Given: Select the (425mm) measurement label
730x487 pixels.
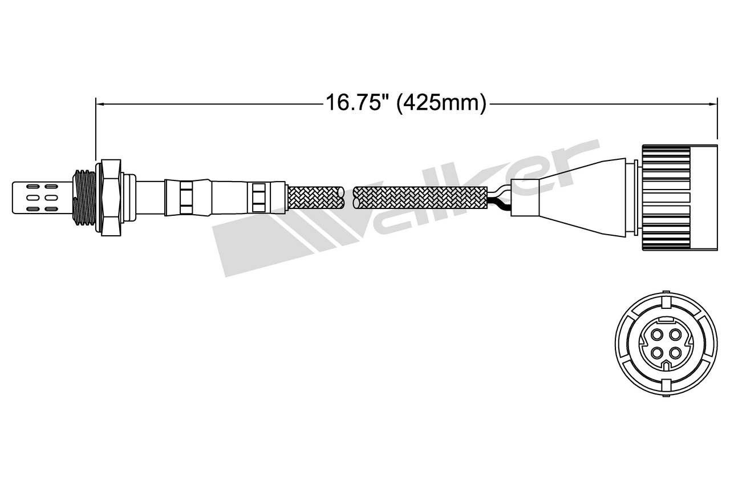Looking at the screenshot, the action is pyautogui.click(x=441, y=103).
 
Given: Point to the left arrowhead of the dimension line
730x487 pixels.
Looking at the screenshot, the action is pyautogui.click(x=100, y=104).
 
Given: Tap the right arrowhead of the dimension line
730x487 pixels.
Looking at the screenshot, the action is pyautogui.click(x=713, y=104).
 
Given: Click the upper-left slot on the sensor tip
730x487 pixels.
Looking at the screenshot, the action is pyautogui.click(x=33, y=186).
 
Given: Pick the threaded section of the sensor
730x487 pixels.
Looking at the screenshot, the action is pyautogui.click(x=84, y=198).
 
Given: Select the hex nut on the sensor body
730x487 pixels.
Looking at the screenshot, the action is pyautogui.click(x=111, y=198).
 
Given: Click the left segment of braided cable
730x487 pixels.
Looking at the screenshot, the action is pyautogui.click(x=315, y=198).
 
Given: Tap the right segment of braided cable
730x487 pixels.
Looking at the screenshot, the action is pyautogui.click(x=420, y=198).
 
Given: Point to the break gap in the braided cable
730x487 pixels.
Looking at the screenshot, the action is pyautogui.click(x=348, y=198).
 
